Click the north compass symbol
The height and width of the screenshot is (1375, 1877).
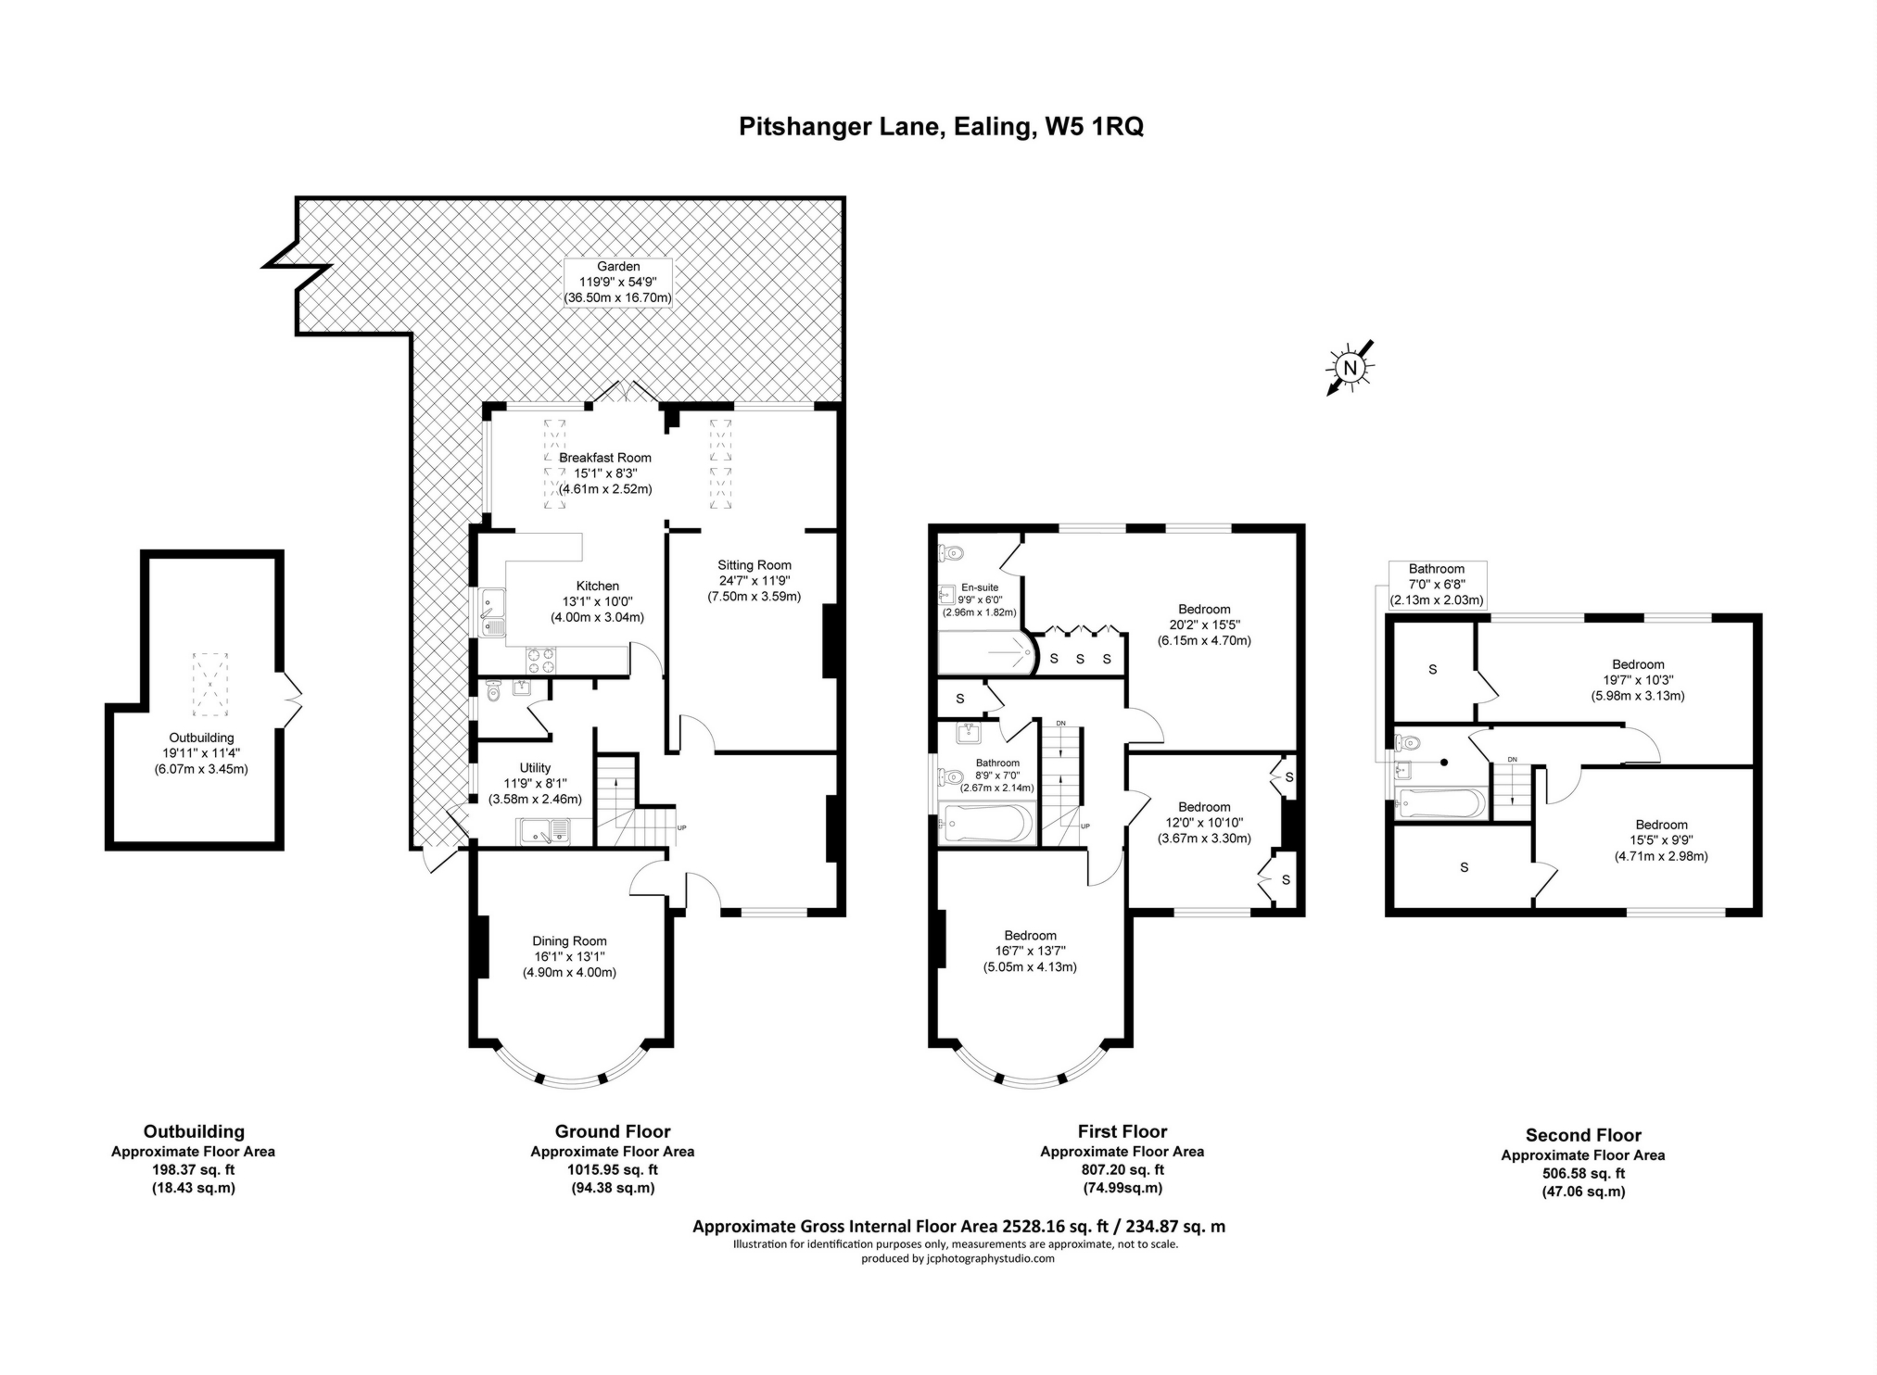(x=1351, y=367)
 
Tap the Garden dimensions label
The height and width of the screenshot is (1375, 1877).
(x=617, y=283)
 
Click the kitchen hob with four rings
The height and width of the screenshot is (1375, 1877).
(x=542, y=659)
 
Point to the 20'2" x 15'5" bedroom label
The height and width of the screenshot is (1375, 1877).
(x=1204, y=624)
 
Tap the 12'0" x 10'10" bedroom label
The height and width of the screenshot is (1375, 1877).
(x=1204, y=823)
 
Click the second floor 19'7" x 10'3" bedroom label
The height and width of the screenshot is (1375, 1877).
(x=1638, y=680)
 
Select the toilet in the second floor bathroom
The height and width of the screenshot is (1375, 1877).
(x=1409, y=742)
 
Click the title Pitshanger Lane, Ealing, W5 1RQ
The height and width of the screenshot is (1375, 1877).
(x=941, y=126)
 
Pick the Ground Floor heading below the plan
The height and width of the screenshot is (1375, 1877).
(x=613, y=1131)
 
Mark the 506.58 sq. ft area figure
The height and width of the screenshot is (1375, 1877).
(x=1583, y=1173)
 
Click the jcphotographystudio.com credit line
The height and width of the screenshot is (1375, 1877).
(x=958, y=1258)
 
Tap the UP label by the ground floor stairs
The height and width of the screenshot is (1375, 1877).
(x=682, y=827)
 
